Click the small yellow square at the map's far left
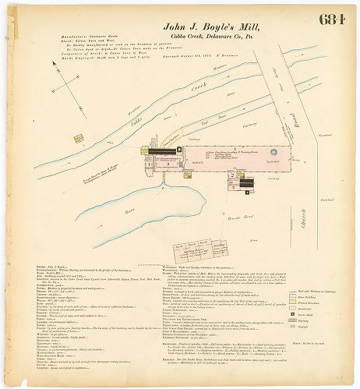(78, 139)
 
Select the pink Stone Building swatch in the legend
(293, 296)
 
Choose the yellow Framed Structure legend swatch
(293, 302)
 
